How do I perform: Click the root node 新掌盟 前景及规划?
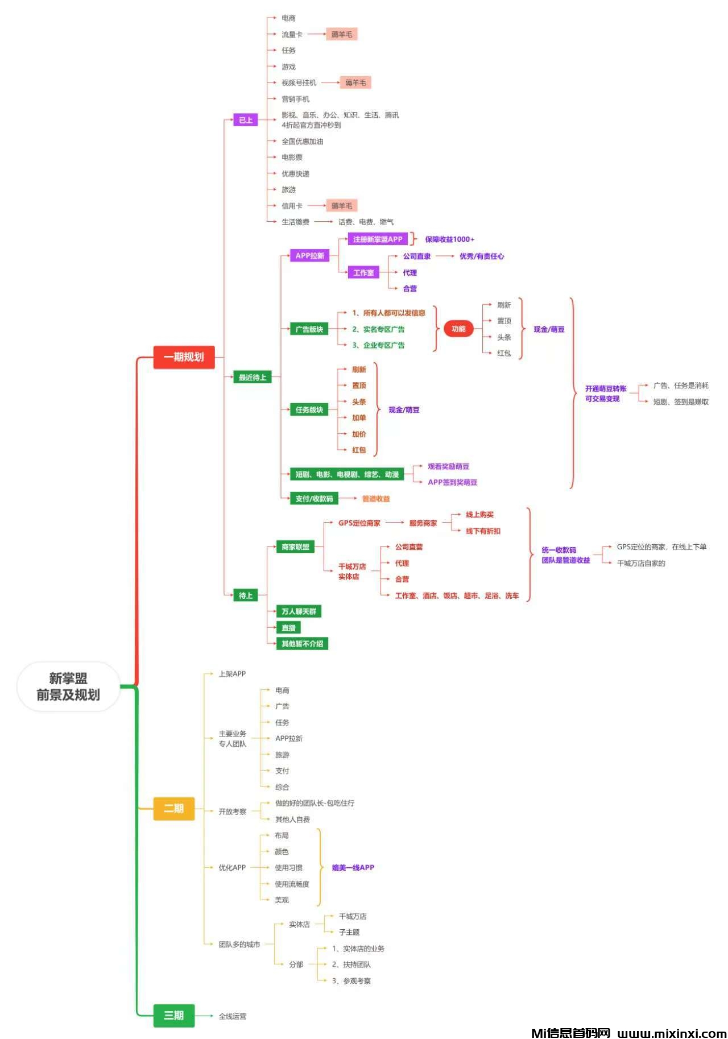(x=68, y=686)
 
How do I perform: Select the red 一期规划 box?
(x=184, y=357)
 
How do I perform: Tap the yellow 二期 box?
(x=174, y=808)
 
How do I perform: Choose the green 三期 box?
(x=174, y=1015)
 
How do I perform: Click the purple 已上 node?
(x=246, y=120)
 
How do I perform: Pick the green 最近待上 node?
(x=252, y=377)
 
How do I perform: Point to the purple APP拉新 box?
(x=309, y=255)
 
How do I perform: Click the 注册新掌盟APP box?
(x=378, y=239)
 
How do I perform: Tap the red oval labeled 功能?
(x=458, y=329)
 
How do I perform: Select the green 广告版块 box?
(x=309, y=329)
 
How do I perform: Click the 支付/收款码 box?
(x=314, y=499)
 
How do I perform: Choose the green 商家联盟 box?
(x=295, y=547)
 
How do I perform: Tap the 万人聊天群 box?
(x=299, y=611)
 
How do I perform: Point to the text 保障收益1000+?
(x=449, y=239)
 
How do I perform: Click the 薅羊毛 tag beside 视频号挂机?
(x=355, y=82)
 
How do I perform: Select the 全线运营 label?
(x=233, y=1016)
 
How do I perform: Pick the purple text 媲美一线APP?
(x=353, y=867)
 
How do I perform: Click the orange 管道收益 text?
(x=376, y=499)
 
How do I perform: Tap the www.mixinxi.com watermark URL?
(x=671, y=1033)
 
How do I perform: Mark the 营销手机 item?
(x=295, y=99)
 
